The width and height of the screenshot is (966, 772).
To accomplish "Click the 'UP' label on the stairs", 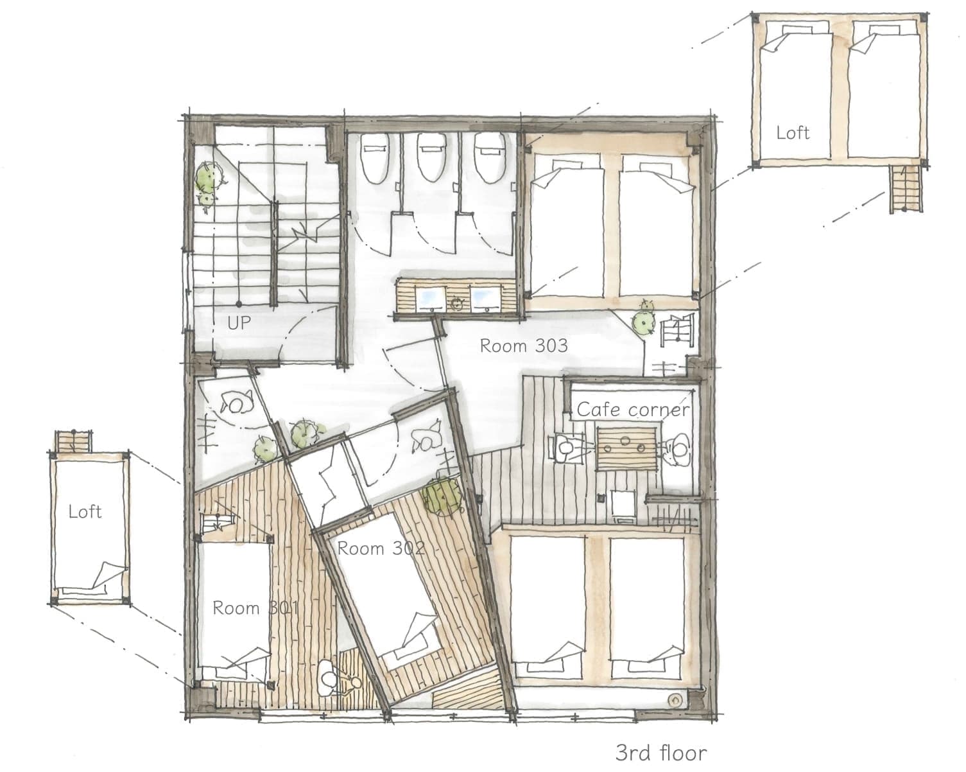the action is point(239,322).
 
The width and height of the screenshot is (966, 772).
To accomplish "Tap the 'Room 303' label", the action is point(524,346).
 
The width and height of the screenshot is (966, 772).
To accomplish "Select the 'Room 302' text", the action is point(381,548).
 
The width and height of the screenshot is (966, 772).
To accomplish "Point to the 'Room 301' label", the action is point(255,608).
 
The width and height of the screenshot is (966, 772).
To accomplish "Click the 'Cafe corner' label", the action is point(633,409).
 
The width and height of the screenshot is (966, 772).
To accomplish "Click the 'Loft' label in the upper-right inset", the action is point(793,132).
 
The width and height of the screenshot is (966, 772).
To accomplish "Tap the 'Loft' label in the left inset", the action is point(85,511).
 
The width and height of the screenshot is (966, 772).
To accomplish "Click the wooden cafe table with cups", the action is point(626,450).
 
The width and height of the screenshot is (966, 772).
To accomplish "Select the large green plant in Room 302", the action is point(443,498).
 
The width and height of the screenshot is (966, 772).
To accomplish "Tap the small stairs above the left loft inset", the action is point(73,442).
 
